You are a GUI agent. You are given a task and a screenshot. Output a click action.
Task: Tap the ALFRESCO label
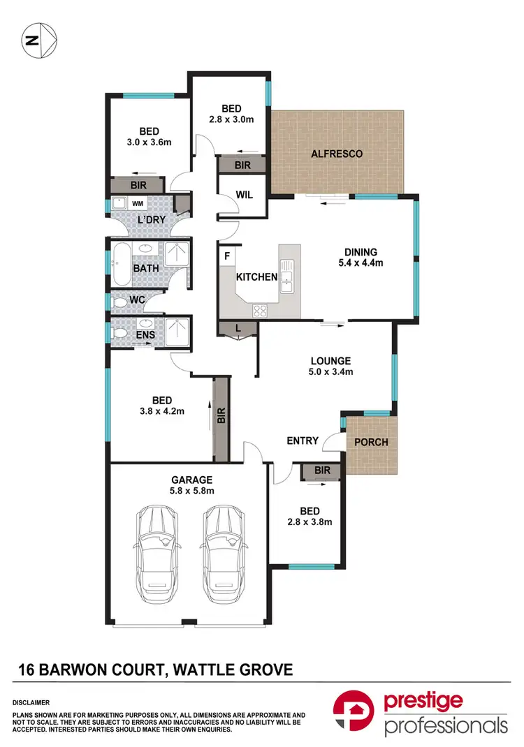click(337, 154)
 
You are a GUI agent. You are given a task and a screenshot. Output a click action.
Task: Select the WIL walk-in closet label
click(242, 196)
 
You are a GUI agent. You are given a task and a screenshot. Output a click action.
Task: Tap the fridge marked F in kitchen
click(227, 256)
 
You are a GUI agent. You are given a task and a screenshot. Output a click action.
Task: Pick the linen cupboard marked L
click(239, 329)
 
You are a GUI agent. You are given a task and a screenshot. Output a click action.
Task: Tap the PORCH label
click(371, 442)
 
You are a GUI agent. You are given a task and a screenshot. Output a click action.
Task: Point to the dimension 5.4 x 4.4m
click(360, 263)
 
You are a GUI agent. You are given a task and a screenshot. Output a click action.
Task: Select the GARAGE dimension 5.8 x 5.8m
click(191, 491)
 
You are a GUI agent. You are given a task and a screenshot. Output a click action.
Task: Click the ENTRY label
click(303, 441)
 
